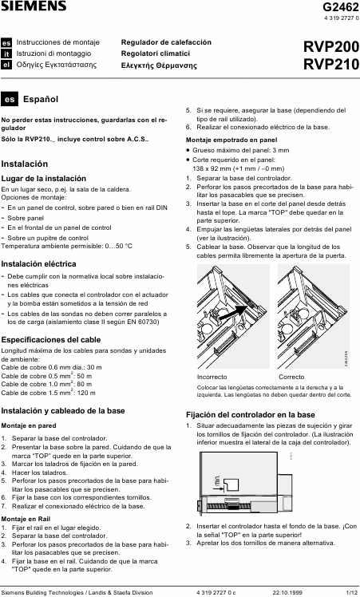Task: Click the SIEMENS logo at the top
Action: click(34, 6)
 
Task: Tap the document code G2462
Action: click(341, 7)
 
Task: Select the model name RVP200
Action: click(331, 47)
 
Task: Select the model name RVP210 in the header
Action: click(331, 64)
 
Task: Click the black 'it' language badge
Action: click(6, 54)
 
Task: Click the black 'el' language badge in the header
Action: click(6, 65)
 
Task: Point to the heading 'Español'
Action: click(41, 100)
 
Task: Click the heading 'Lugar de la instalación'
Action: click(43, 179)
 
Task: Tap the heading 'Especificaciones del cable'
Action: click(50, 340)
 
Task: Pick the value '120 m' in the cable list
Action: click(86, 393)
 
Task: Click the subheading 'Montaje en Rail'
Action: click(26, 519)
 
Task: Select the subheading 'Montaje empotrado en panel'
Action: click(231, 140)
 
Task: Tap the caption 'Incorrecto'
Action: click(212, 377)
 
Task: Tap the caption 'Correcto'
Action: click(291, 377)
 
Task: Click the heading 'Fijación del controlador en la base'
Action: click(251, 414)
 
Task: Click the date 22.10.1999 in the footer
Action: click(287, 592)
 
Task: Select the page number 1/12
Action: click(352, 592)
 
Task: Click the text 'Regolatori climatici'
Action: click(156, 53)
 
